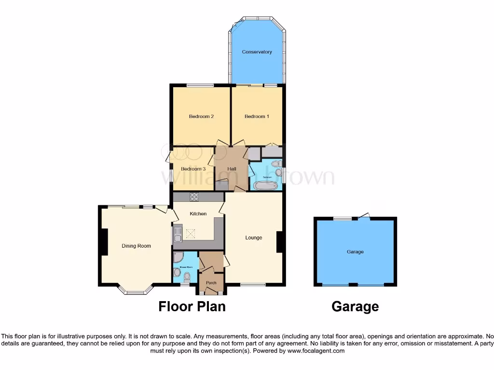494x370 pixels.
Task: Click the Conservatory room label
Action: coord(257,52)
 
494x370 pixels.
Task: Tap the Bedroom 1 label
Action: coord(257,117)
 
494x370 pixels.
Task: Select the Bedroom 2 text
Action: coord(201,117)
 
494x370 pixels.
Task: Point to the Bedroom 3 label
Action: coord(193,169)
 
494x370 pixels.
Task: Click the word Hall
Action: coord(232,169)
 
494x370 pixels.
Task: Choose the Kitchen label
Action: coord(198,214)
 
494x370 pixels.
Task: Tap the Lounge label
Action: coord(254,238)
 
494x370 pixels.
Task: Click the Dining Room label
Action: coord(136,246)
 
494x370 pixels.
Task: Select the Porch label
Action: coord(211,283)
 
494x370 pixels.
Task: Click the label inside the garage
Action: coord(355,252)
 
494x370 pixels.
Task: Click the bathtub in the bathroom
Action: coord(267,184)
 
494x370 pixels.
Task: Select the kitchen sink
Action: coord(178,234)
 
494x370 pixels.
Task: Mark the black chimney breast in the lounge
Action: coord(279,242)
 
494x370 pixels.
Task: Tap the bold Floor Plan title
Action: coord(192,306)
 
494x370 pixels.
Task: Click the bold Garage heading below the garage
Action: coord(355,306)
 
